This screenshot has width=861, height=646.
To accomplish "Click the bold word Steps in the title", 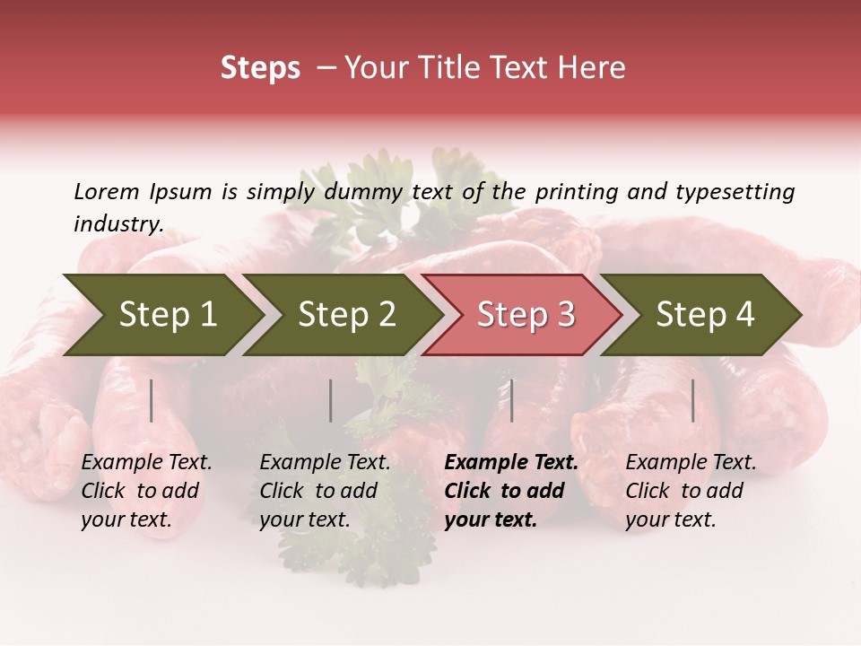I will pyautogui.click(x=260, y=68).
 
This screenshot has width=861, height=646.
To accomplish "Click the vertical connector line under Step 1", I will pyautogui.click(x=152, y=400).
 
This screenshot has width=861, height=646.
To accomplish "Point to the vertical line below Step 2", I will pyautogui.click(x=331, y=400).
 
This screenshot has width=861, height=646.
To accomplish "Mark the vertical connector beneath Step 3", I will pyautogui.click(x=511, y=400).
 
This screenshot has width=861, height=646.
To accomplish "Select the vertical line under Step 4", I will pyautogui.click(x=693, y=400).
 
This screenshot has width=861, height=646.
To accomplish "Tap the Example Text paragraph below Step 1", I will pyautogui.click(x=146, y=491).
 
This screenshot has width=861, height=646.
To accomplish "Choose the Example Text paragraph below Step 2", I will pyautogui.click(x=325, y=491).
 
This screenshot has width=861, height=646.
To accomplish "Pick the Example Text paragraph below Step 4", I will pyautogui.click(x=691, y=491).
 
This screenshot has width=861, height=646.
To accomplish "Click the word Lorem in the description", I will pyautogui.click(x=107, y=191).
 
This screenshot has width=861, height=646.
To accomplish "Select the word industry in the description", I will pyautogui.click(x=117, y=223).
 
